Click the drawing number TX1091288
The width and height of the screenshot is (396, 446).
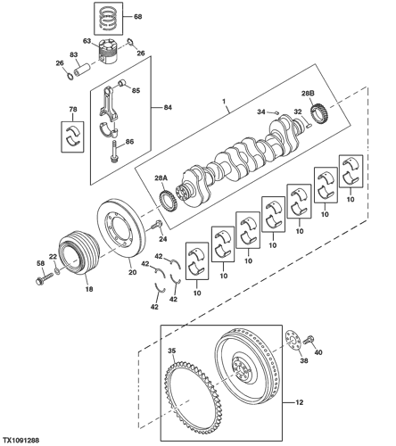(x=21, y=441)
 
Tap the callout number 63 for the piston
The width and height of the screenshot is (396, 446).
(x=87, y=41)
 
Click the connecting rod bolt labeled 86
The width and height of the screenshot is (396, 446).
(x=114, y=152)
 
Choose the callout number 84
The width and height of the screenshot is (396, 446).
(x=168, y=107)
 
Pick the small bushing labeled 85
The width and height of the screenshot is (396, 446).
(x=122, y=84)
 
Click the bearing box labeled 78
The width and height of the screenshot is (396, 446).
(x=72, y=136)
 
